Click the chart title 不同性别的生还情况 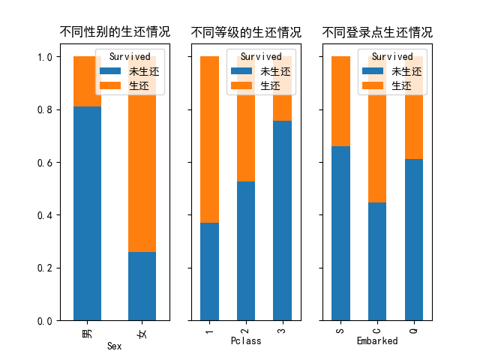115,32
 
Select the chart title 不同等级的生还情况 246,32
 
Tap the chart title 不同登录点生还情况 377,32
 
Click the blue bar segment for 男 87,213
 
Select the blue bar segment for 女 142,286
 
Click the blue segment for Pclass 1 209,271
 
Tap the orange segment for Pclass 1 209,139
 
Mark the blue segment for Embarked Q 413,239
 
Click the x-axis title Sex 115,346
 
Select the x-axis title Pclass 246,340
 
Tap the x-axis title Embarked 377,340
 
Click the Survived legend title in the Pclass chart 261,56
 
